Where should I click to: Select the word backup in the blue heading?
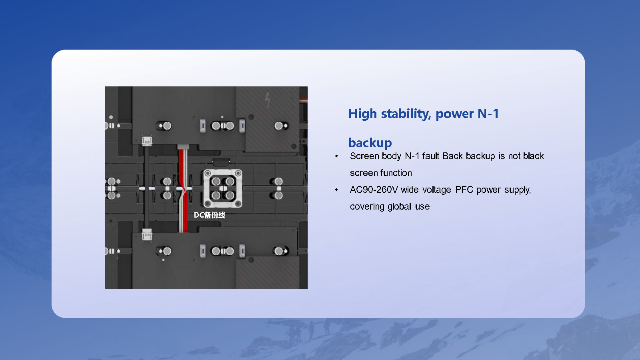370,143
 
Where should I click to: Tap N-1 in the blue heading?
488,114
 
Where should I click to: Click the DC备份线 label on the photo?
210,215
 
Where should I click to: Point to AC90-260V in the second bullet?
374,190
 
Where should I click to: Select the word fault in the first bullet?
431,156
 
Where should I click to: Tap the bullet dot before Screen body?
337,156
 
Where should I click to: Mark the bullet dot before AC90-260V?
337,190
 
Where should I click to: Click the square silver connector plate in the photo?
223,188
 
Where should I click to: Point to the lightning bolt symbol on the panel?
268,100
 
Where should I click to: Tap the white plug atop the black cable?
147,141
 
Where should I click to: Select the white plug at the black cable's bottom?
147,235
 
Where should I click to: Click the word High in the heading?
362,114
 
